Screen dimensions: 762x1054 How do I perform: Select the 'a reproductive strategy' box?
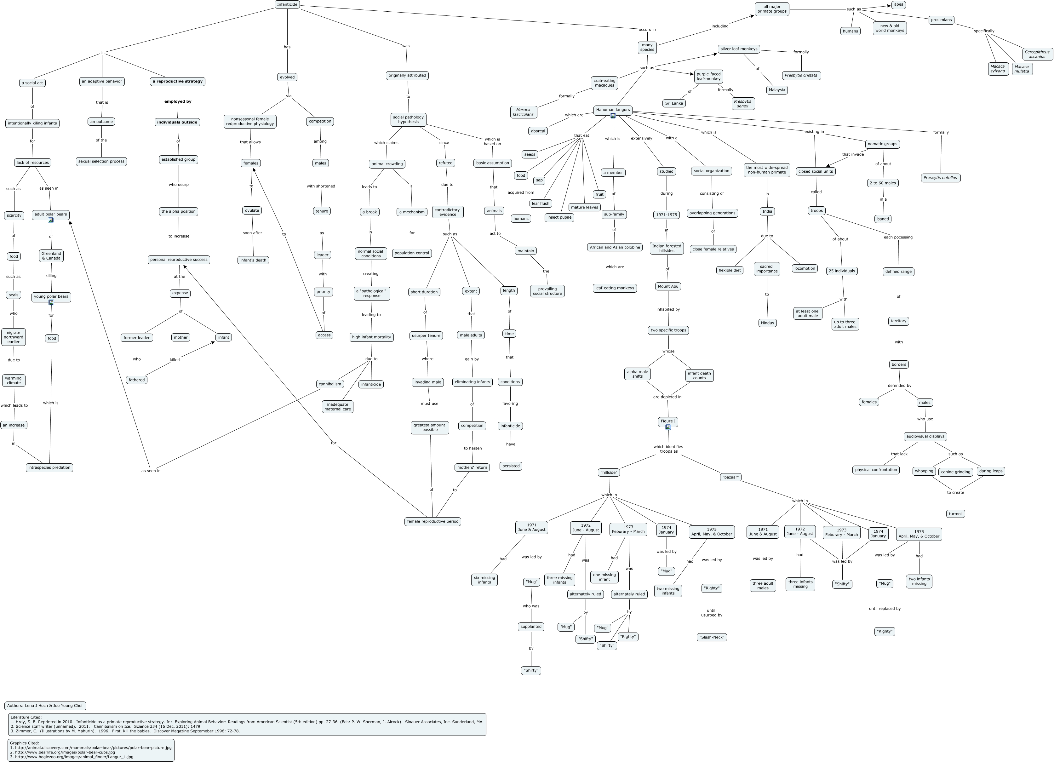click(x=178, y=81)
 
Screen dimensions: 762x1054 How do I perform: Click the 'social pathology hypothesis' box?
click(x=408, y=119)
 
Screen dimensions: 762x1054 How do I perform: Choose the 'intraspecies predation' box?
click(x=49, y=467)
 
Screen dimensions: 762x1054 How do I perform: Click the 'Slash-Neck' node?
click(x=712, y=637)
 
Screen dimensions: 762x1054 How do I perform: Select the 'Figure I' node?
click(x=668, y=421)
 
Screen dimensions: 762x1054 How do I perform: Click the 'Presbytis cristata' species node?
click(x=801, y=75)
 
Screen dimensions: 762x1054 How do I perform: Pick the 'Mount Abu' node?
click(x=668, y=286)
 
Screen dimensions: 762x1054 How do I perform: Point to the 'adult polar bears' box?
click(x=51, y=215)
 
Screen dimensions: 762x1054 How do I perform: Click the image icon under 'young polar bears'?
click(x=51, y=302)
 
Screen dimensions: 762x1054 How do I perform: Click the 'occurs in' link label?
click(x=647, y=29)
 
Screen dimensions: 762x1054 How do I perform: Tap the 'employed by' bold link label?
click(x=178, y=101)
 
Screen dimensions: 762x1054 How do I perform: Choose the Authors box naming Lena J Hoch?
click(x=45, y=705)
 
